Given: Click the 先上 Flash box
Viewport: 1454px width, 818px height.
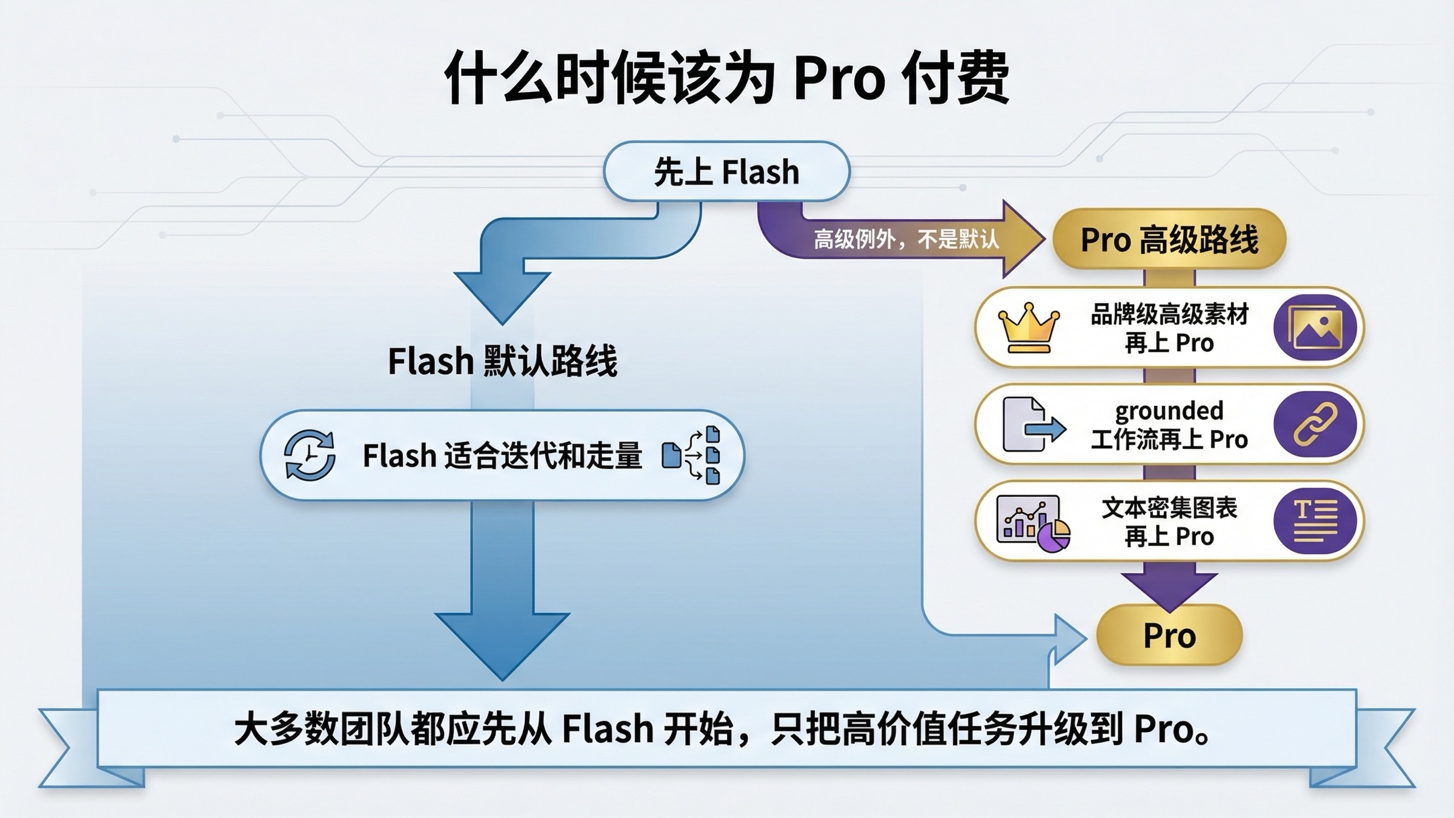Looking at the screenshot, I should point(726,171).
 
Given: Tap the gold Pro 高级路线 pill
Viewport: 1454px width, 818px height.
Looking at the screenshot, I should point(1169,239).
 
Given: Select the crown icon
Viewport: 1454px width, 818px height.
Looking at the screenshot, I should point(1029,328).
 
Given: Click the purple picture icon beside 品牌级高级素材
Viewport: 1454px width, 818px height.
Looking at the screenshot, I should point(1315,328).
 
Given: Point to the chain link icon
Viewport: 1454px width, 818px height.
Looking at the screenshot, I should point(1315,424).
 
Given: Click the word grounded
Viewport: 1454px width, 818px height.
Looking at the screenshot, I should point(1169,411).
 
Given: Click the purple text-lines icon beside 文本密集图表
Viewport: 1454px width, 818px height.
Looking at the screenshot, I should point(1315,521).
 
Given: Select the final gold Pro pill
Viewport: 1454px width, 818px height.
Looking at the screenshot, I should point(1169,636).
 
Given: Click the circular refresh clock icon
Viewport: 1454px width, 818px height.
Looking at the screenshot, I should point(310,455).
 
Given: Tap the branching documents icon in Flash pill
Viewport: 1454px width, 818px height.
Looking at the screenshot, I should point(692,455).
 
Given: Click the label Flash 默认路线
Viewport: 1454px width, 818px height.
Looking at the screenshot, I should point(502,361).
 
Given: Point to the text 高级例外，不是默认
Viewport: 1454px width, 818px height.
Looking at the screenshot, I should point(906,240).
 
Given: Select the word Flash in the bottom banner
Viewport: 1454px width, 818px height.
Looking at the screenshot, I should point(608,729).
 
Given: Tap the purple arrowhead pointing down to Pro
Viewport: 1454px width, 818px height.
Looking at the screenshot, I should point(1169,588).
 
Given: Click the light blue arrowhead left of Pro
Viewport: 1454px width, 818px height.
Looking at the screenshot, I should point(1069,637).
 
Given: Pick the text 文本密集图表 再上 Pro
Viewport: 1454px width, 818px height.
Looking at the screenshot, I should point(1169,522).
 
